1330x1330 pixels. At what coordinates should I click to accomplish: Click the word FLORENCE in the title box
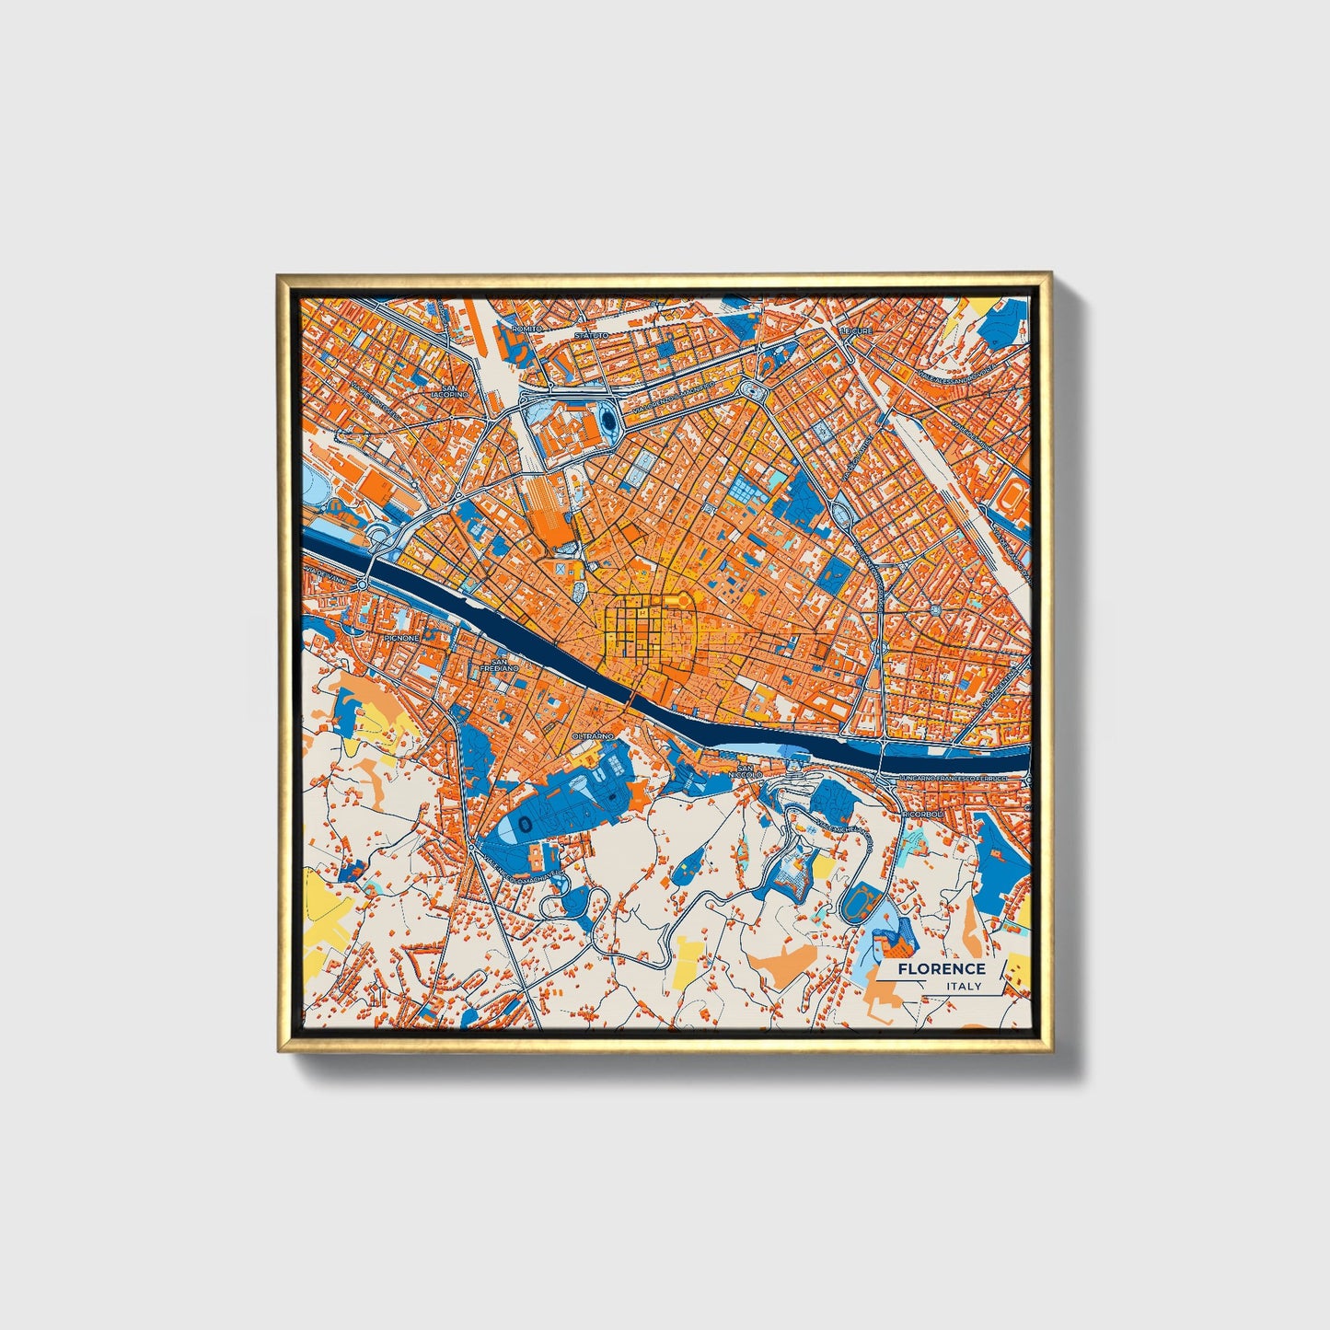tap(941, 968)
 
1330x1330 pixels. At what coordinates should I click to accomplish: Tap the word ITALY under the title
tap(963, 987)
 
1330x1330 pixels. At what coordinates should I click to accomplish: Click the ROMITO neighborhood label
tap(526, 328)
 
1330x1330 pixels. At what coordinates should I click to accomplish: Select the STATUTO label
tap(592, 336)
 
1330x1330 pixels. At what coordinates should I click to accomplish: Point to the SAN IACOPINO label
tap(451, 391)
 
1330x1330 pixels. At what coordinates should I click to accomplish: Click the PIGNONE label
tap(401, 637)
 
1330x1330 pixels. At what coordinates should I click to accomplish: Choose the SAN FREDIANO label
tap(503, 664)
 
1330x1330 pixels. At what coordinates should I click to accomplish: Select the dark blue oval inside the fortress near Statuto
tap(609, 422)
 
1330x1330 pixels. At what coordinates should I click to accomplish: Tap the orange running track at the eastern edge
tap(1015, 497)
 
